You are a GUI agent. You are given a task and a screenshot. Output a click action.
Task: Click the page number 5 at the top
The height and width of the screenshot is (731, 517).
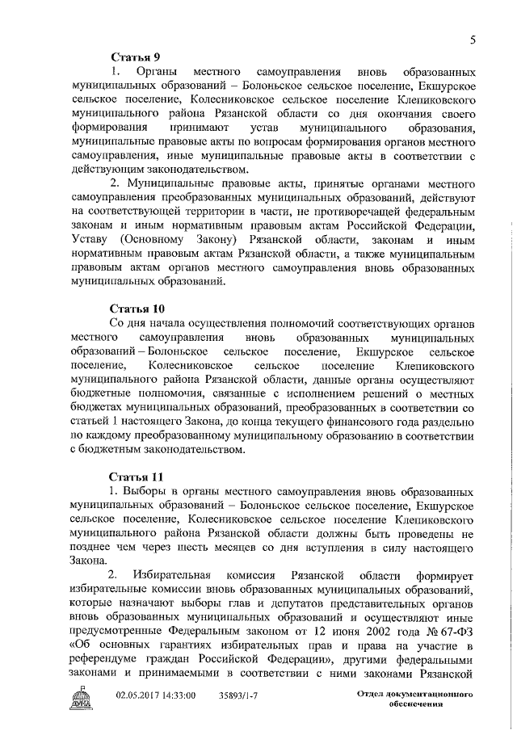tap(471, 40)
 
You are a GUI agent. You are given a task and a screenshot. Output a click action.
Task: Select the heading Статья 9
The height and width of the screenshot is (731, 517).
tap(135, 57)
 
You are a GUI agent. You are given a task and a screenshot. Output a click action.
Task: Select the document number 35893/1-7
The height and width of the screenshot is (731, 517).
tap(241, 694)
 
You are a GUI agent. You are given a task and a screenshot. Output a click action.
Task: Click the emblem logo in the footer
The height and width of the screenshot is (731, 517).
tap(83, 696)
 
